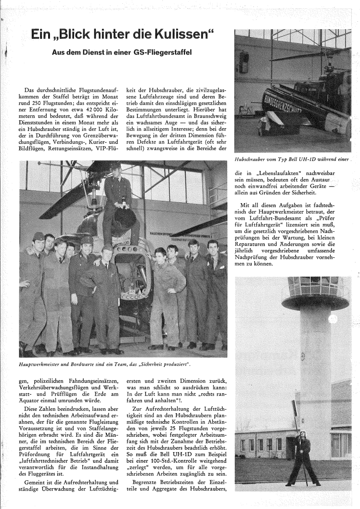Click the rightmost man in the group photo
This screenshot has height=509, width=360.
tap(216, 294)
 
